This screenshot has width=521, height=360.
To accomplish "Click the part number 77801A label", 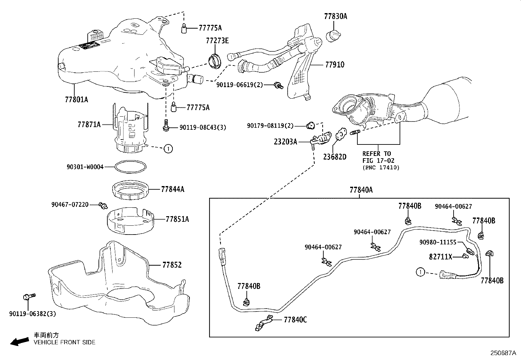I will [76, 99].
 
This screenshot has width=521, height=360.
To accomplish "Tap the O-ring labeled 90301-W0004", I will [131, 167].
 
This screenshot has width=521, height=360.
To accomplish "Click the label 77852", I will [172, 265].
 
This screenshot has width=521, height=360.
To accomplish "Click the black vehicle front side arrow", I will [19, 342].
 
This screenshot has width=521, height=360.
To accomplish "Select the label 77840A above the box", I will [361, 190].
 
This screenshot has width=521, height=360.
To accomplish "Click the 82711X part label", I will [440, 257].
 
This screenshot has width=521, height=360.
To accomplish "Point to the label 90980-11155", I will [438, 242].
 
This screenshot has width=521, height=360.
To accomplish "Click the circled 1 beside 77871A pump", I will [168, 149].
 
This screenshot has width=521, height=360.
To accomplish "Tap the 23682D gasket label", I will [334, 157].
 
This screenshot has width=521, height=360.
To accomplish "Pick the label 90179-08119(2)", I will [270, 125].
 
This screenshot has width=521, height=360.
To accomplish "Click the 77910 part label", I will [334, 65].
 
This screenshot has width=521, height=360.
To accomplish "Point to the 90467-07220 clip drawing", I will [104, 206].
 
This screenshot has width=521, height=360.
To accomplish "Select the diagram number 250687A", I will [503, 353].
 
